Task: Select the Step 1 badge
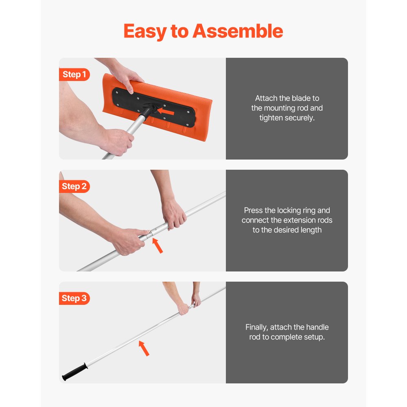click(74, 74)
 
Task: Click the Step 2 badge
click(74, 186)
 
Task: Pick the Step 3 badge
click(74, 298)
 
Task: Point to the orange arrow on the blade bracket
click(166, 111)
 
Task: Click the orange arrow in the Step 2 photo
click(158, 246)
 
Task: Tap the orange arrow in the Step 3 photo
click(144, 348)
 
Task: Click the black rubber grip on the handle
click(74, 372)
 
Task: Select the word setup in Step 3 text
click(314, 337)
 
